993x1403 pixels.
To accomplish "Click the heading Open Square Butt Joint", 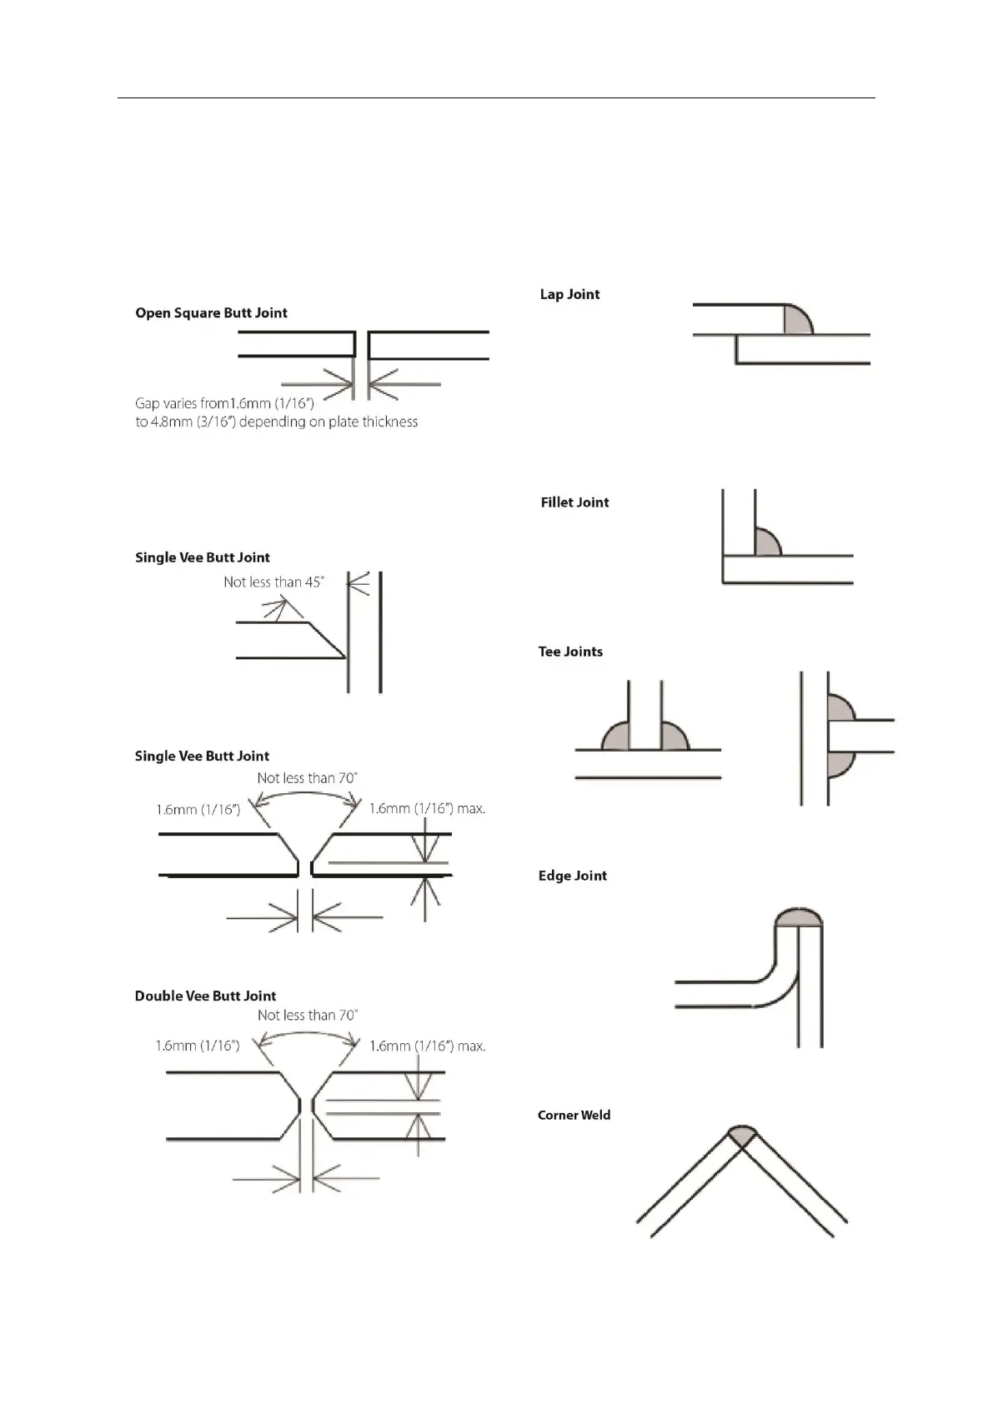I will tap(211, 313).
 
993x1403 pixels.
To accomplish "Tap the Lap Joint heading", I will tap(569, 294).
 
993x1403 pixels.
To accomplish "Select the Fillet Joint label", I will tap(574, 502).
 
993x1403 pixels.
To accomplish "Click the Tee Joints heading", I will tap(570, 652).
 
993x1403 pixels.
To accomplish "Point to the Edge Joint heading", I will tap(572, 876).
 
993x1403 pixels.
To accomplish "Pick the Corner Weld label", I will tap(574, 1115).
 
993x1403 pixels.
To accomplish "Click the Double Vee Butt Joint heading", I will tap(205, 996).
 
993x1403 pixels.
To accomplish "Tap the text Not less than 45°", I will tap(273, 582).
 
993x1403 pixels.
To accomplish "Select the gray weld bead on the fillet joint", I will tap(765, 543).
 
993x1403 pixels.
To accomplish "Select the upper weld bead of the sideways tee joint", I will tap(839, 709).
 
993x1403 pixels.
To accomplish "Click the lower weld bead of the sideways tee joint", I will tap(838, 762).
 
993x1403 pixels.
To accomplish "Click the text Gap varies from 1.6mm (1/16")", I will tap(224, 404).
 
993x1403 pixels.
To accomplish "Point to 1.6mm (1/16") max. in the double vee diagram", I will tap(427, 1046).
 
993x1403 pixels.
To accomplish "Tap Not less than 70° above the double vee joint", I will tap(308, 1015).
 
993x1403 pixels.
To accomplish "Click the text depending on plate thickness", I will tap(328, 422).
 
